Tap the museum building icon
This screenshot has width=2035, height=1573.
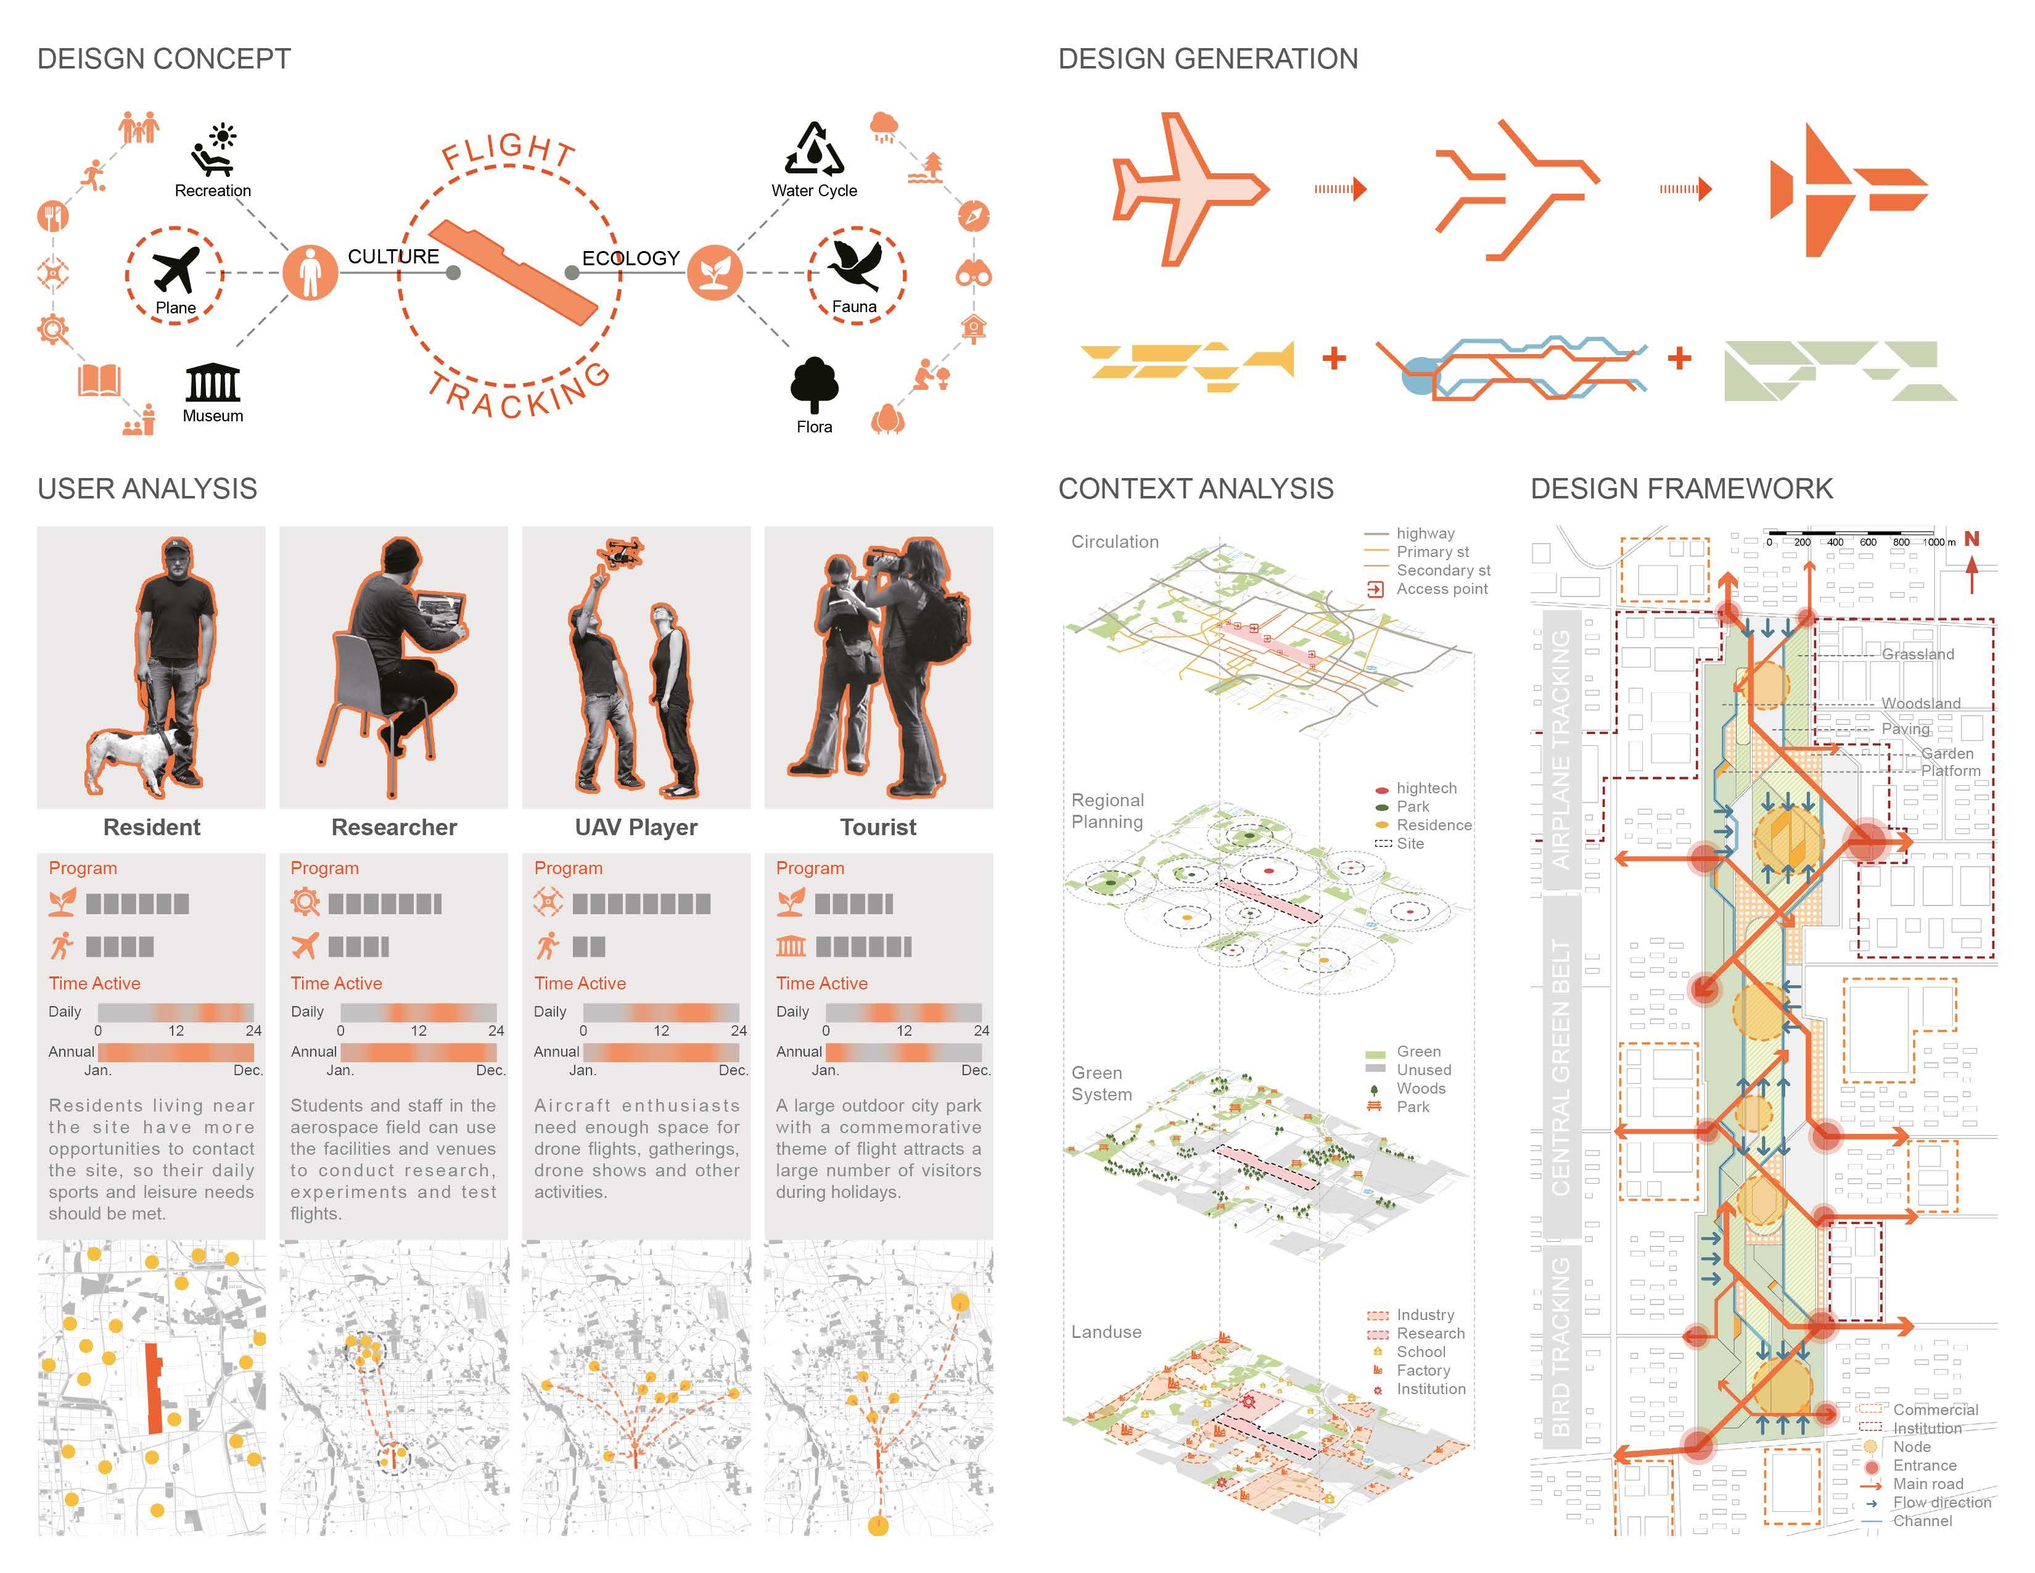213,382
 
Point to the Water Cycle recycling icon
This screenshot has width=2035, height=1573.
813,149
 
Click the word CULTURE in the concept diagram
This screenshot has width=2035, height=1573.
393,256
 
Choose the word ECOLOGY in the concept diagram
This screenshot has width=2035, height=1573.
631,258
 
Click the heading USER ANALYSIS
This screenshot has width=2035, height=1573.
147,489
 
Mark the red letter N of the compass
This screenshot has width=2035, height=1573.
1971,539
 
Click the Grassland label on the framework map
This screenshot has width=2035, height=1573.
1918,654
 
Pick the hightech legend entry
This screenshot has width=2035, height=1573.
1416,788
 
